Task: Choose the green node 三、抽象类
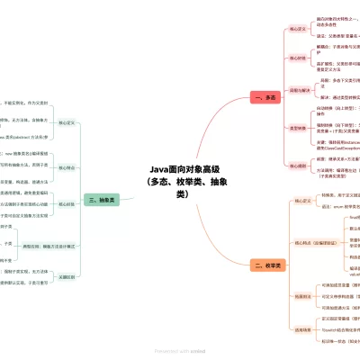click(x=101, y=200)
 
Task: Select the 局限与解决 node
click(x=298, y=90)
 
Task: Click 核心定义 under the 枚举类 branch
click(x=301, y=201)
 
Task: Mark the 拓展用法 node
click(x=301, y=296)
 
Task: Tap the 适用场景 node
click(x=301, y=329)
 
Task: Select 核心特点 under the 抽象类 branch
click(x=66, y=166)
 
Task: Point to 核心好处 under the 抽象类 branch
click(x=66, y=203)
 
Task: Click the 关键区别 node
click(x=66, y=277)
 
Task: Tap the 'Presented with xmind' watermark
click(x=180, y=351)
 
